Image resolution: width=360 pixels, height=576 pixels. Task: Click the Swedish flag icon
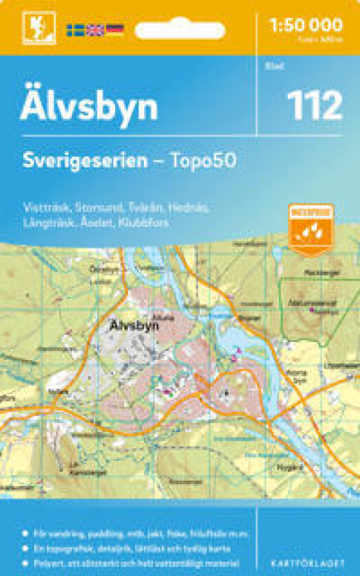pyautogui.click(x=75, y=29)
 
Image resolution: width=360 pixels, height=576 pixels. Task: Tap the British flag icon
pyautogui.click(x=95, y=29)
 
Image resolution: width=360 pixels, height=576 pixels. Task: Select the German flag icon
pyautogui.click(x=115, y=29)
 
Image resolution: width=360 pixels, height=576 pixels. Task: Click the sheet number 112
pyautogui.click(x=314, y=107)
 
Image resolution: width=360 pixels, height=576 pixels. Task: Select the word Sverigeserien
pyautogui.click(x=84, y=161)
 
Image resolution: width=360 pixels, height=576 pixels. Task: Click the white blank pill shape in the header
pyautogui.click(x=180, y=30)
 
